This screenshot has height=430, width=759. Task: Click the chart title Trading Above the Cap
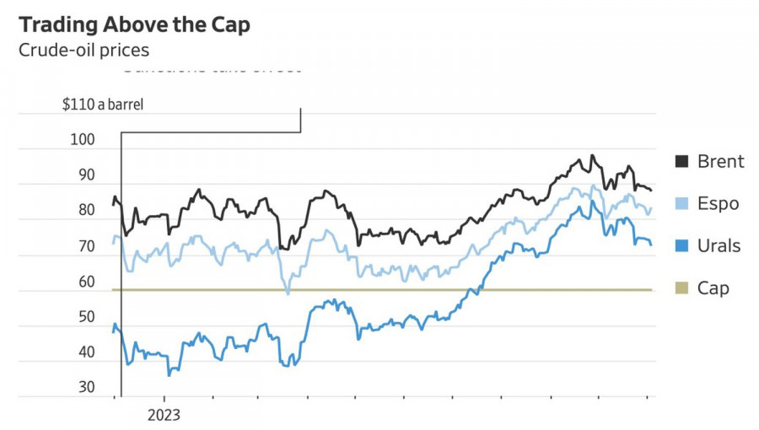click(134, 25)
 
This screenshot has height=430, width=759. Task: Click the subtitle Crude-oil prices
click(83, 50)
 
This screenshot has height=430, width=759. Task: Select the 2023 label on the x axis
click(164, 415)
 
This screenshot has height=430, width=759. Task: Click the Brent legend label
click(720, 161)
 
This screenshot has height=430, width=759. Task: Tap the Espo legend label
click(718, 203)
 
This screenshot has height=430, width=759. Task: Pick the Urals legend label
click(719, 245)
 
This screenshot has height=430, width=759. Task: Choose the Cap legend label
click(713, 288)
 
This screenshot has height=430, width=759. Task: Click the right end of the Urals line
click(650, 245)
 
